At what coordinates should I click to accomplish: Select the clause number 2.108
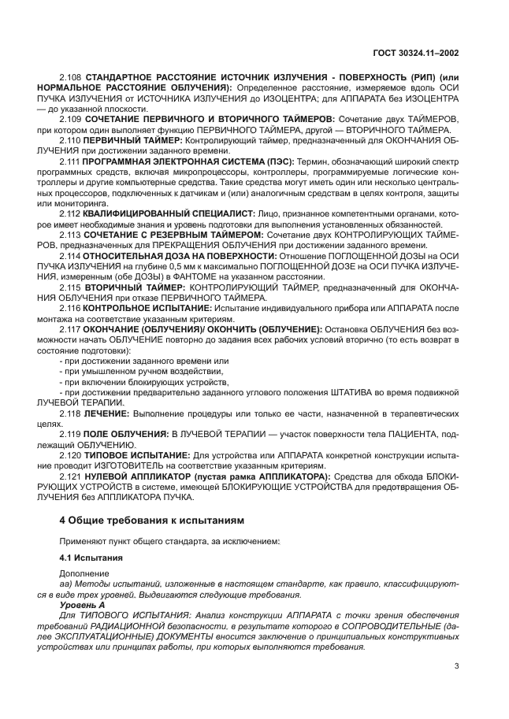[71, 76]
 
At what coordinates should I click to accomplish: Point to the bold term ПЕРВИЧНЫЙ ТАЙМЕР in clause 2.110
[132, 139]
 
